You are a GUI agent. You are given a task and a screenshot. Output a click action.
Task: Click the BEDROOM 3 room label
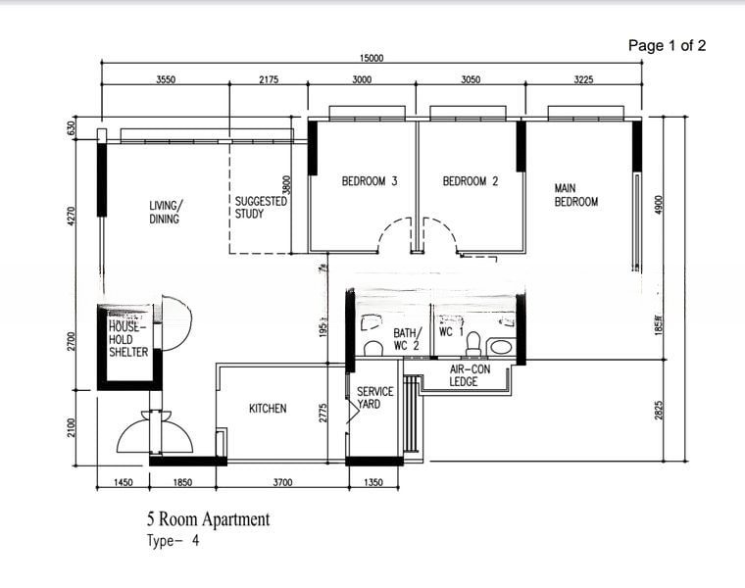(370, 181)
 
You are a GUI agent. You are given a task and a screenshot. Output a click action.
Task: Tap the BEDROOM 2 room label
(471, 181)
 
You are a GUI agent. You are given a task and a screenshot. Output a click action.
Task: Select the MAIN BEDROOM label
(575, 195)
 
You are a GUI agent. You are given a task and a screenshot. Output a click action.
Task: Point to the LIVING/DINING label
(166, 213)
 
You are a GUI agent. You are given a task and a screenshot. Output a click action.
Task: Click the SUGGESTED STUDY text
(260, 207)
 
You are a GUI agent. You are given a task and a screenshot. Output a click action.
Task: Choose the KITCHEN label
(268, 408)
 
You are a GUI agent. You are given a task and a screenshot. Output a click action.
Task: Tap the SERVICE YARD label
(374, 398)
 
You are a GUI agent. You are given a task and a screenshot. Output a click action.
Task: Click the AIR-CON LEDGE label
(470, 375)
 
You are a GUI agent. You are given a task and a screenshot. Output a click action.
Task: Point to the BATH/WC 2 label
(407, 339)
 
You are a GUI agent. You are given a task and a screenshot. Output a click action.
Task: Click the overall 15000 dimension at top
(371, 59)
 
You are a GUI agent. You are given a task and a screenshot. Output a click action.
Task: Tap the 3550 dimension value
(166, 80)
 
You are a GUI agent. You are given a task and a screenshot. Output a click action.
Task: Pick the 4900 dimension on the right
(660, 205)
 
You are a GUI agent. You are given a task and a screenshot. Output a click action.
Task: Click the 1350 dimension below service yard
(374, 482)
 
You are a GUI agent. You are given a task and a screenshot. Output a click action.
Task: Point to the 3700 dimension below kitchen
(282, 482)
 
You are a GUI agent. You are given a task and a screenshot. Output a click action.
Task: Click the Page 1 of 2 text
(667, 45)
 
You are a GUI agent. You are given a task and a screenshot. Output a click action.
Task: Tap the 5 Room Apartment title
(208, 519)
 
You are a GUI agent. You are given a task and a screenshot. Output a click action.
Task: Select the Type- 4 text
(173, 540)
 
